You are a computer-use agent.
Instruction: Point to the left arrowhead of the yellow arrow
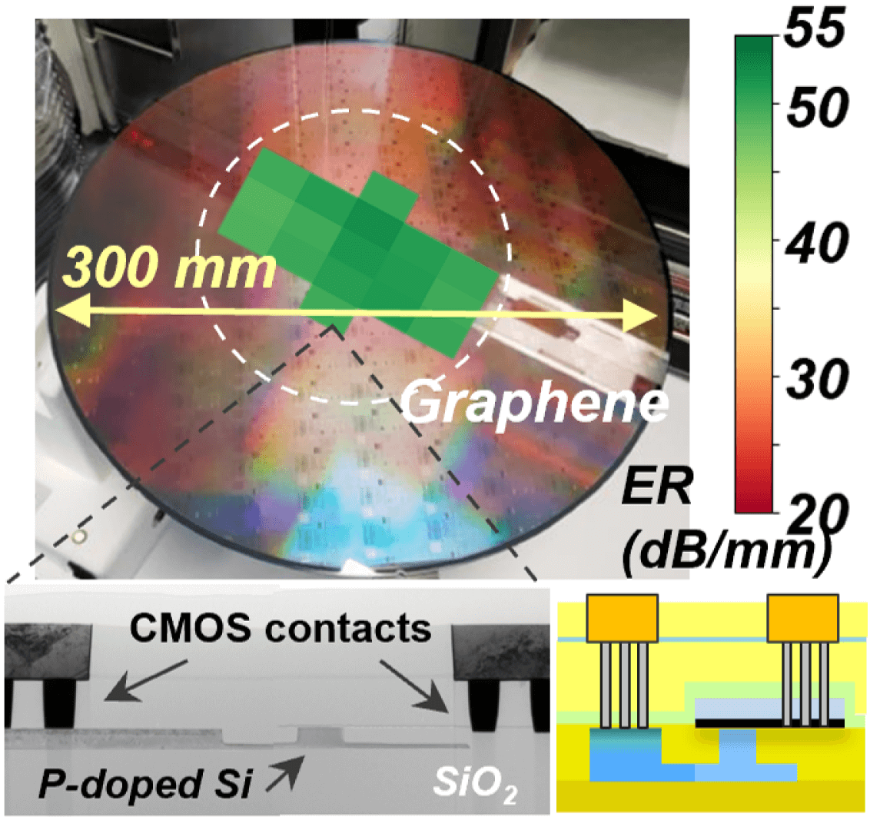[65, 310]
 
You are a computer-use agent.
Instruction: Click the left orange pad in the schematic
[622, 618]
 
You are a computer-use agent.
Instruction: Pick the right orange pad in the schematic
[803, 618]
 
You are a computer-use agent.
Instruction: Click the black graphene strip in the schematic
[769, 723]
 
